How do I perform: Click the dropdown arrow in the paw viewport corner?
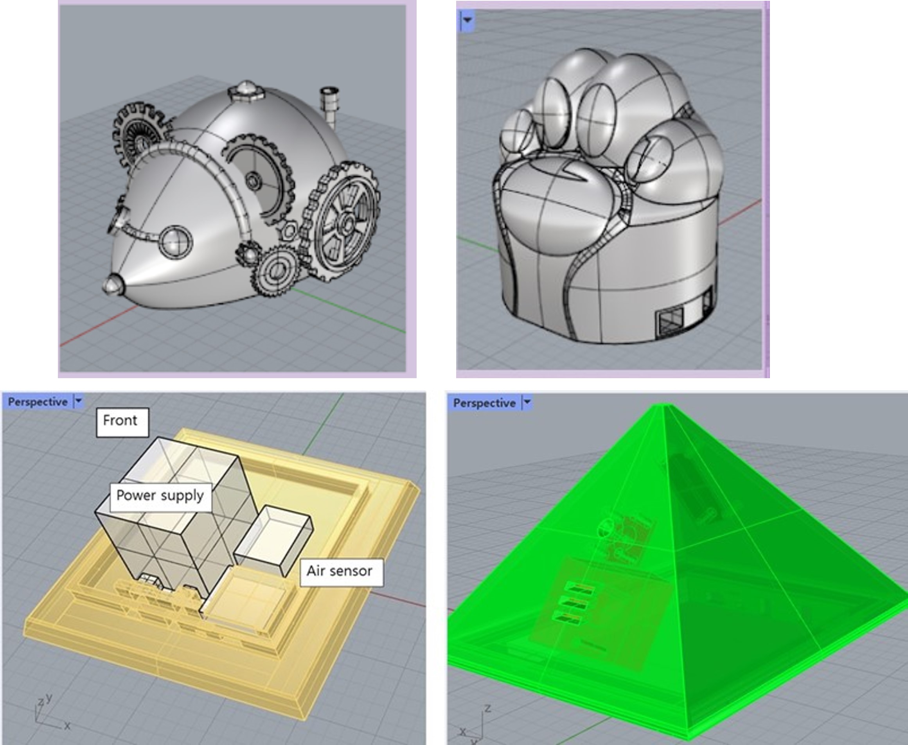click(467, 20)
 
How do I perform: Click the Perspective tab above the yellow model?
click(38, 402)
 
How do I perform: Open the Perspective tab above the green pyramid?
click(484, 403)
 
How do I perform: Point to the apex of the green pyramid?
click(664, 406)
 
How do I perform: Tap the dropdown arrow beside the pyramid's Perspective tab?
click(527, 402)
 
